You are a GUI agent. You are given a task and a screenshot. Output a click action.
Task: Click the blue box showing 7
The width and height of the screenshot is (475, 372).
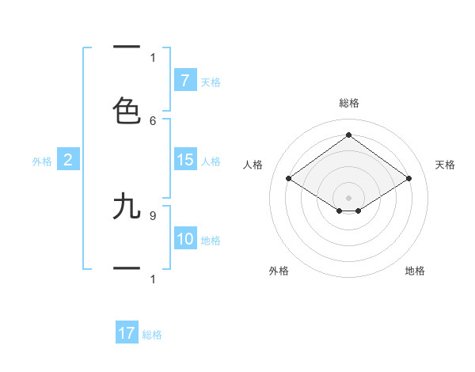[x=184, y=80]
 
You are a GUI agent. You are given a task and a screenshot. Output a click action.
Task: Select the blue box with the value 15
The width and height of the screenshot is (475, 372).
[x=184, y=160]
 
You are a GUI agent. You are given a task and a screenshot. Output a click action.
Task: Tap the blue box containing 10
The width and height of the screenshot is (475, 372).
[x=184, y=239]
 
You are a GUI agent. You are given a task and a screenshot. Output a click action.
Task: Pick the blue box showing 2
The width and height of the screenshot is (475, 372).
[x=68, y=160]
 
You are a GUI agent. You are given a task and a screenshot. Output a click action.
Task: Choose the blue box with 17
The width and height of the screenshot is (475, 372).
[x=127, y=333]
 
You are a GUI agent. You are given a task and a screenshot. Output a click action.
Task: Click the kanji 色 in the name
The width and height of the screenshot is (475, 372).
[x=127, y=111]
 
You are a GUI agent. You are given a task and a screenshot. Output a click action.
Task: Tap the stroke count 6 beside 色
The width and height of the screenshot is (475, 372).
[x=153, y=120]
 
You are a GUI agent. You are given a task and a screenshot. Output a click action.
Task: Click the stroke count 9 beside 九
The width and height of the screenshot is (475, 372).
[x=153, y=214]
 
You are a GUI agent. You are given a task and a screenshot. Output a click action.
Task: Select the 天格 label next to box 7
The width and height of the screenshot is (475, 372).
[x=211, y=82]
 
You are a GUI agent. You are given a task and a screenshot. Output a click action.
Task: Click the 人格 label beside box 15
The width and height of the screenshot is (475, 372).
[x=211, y=161]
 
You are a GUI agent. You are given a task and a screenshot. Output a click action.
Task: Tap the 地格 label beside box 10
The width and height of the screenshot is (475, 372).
[x=211, y=241]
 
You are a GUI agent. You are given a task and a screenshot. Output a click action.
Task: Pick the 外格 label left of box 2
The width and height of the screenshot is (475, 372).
[x=42, y=161]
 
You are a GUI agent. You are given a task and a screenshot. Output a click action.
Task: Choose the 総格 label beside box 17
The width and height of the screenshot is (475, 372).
[x=152, y=335]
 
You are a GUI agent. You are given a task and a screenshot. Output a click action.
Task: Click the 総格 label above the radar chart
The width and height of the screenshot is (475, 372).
[x=349, y=103]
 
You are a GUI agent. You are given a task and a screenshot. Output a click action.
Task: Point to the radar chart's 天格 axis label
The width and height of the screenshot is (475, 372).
[x=445, y=165]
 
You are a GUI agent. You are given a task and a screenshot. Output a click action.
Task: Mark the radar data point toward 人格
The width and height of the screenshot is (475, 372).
[x=289, y=179]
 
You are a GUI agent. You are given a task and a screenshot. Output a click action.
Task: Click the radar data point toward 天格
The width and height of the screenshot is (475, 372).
[x=408, y=179]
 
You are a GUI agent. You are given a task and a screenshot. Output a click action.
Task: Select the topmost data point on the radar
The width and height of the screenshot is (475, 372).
[x=348, y=135]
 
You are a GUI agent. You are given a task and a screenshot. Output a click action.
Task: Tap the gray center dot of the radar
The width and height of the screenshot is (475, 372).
[x=348, y=197]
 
